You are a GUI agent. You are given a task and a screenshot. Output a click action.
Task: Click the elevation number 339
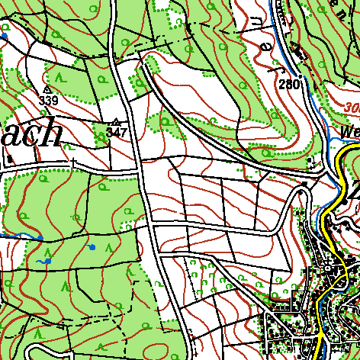point(48,100)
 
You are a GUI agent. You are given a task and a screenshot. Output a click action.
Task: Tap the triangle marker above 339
point(47,89)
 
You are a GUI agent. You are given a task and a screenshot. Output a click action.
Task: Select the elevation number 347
point(116,132)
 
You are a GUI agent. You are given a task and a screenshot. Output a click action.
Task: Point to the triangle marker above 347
point(116,122)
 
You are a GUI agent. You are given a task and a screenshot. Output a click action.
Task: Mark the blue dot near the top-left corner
point(4,36)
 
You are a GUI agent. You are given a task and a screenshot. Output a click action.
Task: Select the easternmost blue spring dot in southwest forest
point(92,247)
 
